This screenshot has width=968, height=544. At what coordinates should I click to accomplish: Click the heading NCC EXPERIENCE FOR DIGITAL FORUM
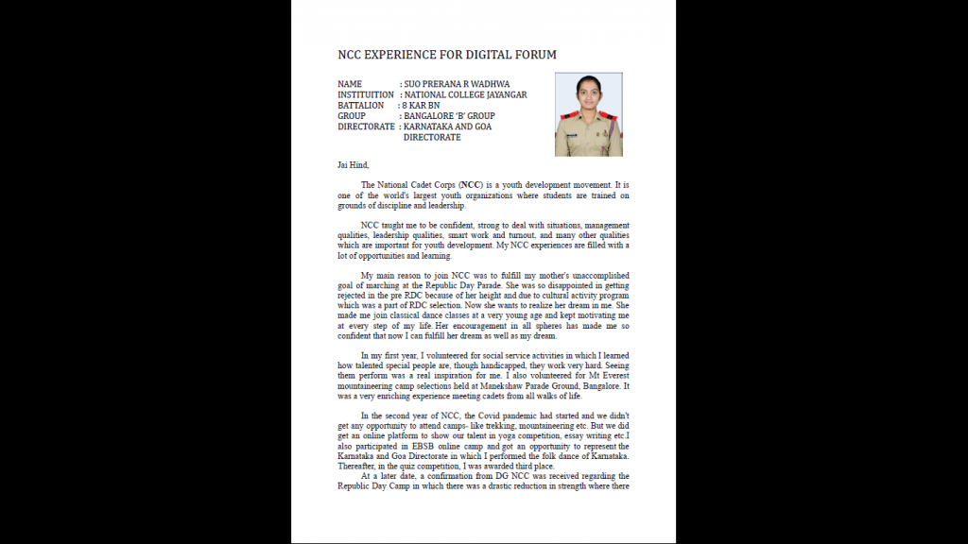tap(447, 55)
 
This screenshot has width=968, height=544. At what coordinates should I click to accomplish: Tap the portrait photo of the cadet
tap(588, 114)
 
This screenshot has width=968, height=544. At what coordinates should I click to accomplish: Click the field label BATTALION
tap(361, 106)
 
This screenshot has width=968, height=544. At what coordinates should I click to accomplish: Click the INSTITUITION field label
tap(366, 95)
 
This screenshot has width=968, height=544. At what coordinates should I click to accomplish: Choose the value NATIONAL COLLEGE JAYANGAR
tap(465, 95)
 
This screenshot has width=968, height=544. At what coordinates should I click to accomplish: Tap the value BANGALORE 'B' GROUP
tap(450, 116)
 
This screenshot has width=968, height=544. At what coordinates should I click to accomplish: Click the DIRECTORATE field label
tap(366, 127)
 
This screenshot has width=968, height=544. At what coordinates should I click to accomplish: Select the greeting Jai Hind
tap(353, 164)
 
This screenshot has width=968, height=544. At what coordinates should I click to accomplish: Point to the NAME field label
tap(350, 84)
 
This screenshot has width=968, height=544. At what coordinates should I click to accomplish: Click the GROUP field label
tap(352, 116)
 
